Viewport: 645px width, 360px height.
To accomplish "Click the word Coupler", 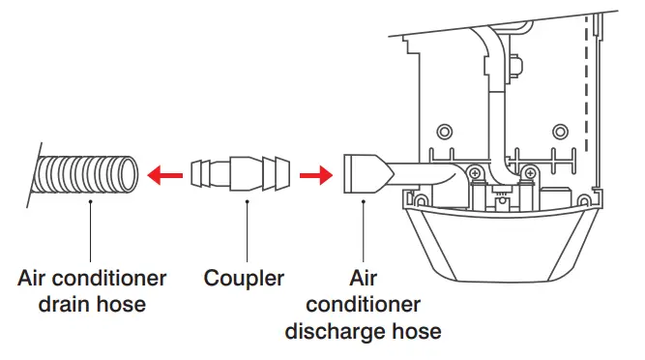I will (244, 279).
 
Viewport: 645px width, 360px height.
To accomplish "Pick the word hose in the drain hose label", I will (123, 305).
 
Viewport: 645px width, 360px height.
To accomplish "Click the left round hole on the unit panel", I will (445, 131).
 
